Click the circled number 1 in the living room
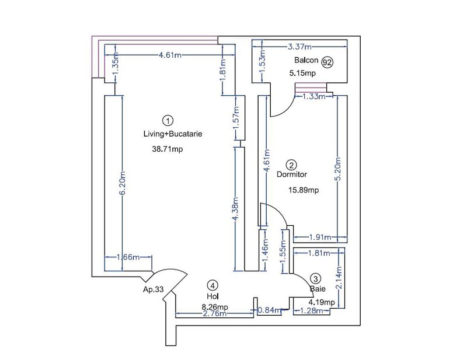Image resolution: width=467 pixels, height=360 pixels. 168,121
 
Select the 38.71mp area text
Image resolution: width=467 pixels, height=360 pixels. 168,149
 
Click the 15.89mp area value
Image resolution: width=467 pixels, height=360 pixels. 304,190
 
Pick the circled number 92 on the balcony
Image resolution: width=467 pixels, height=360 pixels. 327,62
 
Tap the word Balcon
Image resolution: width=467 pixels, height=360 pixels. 304,62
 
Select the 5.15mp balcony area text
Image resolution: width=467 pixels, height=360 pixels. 302,74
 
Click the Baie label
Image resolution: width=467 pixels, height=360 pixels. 316,288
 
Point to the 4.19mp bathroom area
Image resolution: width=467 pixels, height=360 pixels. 322,302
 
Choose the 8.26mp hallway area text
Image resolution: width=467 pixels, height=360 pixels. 215,306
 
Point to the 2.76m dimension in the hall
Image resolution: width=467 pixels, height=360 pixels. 214,314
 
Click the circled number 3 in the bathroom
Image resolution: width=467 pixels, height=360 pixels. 316,279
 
